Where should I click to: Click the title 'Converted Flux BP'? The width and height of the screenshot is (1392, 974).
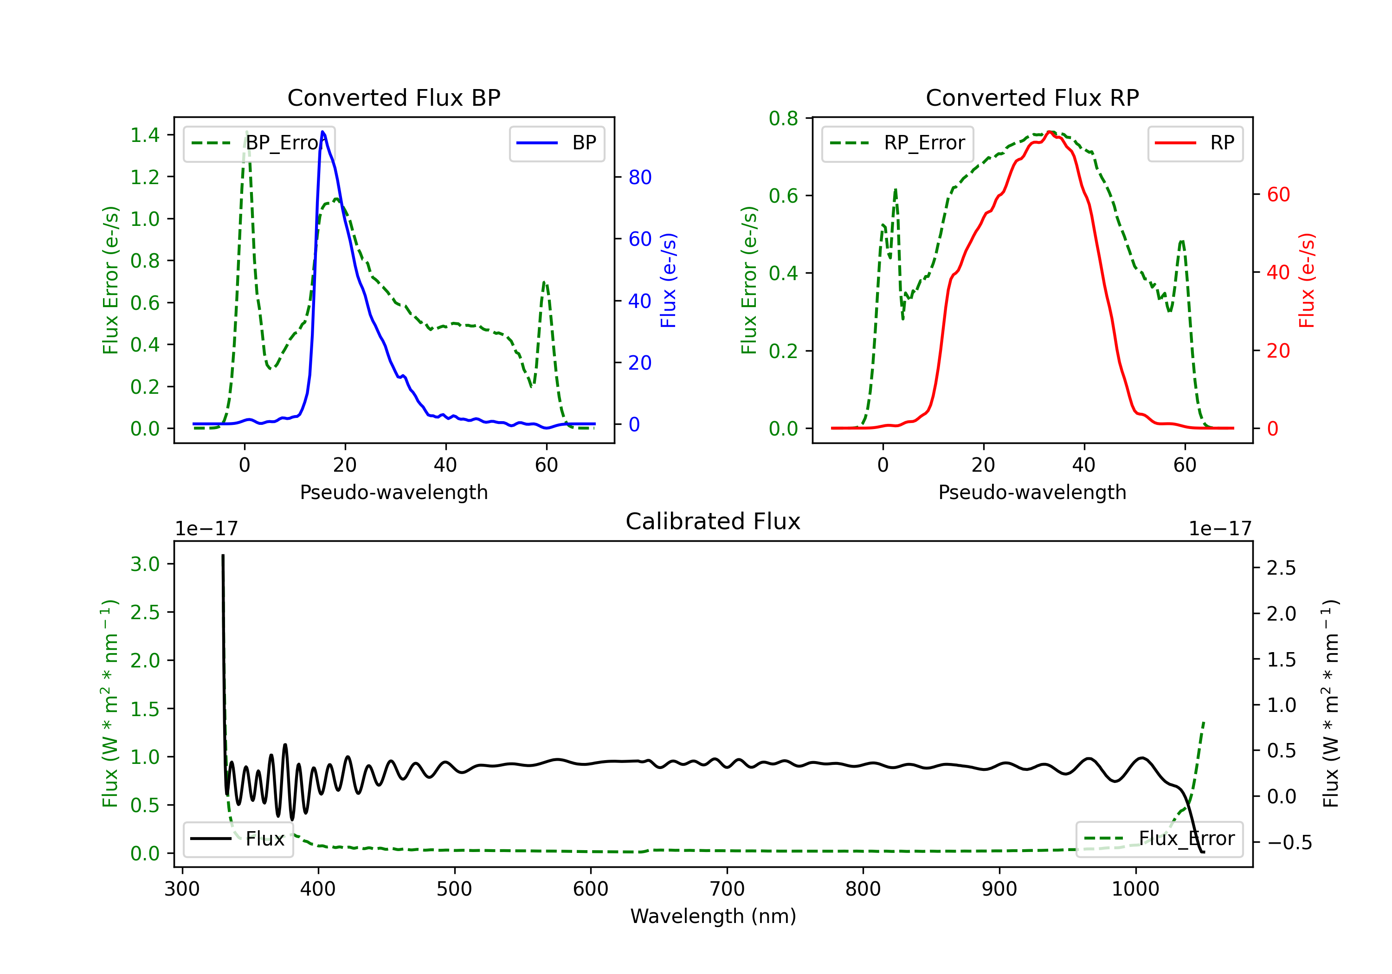point(394,97)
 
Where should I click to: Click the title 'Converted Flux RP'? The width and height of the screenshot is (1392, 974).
point(1032,97)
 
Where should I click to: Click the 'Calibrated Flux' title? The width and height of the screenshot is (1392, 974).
point(713,521)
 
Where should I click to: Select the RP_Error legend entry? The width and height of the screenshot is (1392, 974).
point(897,143)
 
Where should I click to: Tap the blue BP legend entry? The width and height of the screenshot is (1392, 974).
point(556,143)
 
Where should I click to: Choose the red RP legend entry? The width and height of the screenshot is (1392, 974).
point(1195,143)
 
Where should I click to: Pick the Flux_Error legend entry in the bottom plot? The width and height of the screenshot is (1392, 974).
point(1159,839)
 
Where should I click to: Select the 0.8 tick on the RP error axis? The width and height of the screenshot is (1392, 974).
point(783,118)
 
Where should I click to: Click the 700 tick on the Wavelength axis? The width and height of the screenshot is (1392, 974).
point(727,889)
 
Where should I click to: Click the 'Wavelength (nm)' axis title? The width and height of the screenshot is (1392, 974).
point(713,916)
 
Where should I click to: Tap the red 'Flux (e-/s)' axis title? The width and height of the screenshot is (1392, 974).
point(1307,280)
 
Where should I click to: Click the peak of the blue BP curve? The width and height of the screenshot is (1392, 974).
point(322,132)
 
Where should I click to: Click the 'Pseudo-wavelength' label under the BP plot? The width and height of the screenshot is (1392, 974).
point(394,492)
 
